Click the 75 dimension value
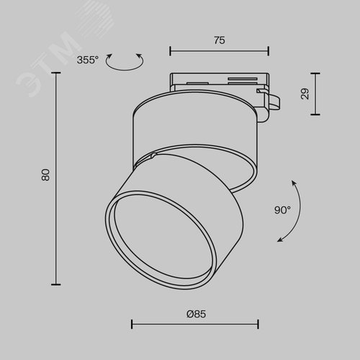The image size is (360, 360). point(220,40)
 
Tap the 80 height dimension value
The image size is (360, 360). point(45,175)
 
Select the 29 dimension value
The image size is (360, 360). point(305,94)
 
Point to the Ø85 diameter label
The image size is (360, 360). point(196,314)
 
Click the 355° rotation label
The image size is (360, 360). point(88,60)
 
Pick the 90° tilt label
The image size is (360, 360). point(282,210)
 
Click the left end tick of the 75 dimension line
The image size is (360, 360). point(170,51)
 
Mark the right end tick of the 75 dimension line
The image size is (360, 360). point(269,51)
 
